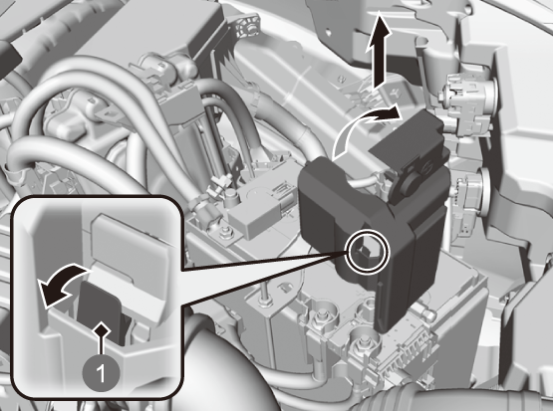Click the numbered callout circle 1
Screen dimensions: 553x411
click(x=101, y=372)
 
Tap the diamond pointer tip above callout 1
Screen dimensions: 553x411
click(x=102, y=330)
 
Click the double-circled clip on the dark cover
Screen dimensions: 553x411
click(x=369, y=251)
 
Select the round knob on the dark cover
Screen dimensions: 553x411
click(x=405, y=183)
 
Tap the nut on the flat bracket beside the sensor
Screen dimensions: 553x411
click(x=223, y=233)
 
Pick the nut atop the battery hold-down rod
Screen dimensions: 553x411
click(x=265, y=301)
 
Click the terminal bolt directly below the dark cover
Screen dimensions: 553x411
click(x=365, y=343)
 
